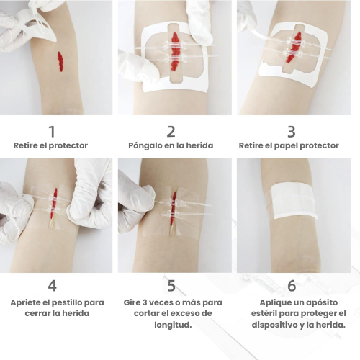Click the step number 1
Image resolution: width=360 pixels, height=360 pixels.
click(52, 132)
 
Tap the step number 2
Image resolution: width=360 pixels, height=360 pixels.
click(171, 132)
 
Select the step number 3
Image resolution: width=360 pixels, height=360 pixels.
click(292, 132)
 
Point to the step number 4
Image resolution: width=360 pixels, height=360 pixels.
click(53, 286)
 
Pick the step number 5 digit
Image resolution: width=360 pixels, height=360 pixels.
click(171, 286)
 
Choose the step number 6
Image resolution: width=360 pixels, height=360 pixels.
click(292, 286)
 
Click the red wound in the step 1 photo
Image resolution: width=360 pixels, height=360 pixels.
click(60, 61)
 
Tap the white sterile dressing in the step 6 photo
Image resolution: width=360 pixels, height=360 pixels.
click(292, 202)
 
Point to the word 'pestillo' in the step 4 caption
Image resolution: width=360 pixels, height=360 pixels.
click(67, 302)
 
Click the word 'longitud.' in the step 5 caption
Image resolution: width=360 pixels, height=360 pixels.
click(173, 325)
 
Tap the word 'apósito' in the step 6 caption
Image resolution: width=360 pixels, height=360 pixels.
click(321, 302)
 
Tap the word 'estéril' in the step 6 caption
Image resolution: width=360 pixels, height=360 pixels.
click(263, 313)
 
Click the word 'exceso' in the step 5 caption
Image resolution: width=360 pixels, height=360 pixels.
click(189, 313)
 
